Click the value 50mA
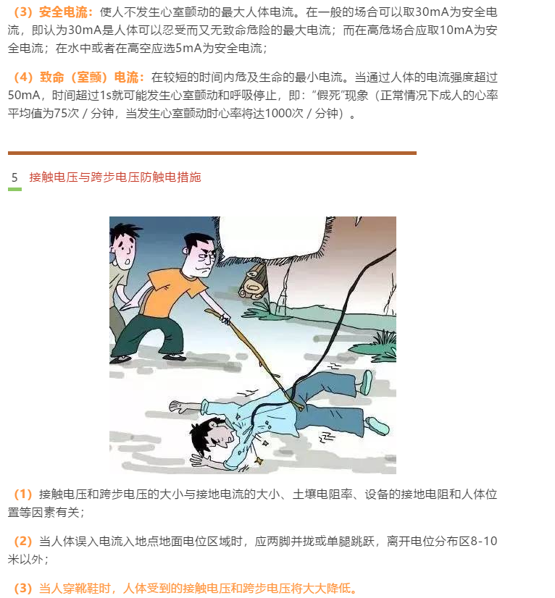point(26,96)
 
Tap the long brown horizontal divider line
point(212,153)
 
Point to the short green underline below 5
point(14,189)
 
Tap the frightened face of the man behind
point(125,249)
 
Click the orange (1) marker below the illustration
point(23,494)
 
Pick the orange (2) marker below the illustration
point(23,542)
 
